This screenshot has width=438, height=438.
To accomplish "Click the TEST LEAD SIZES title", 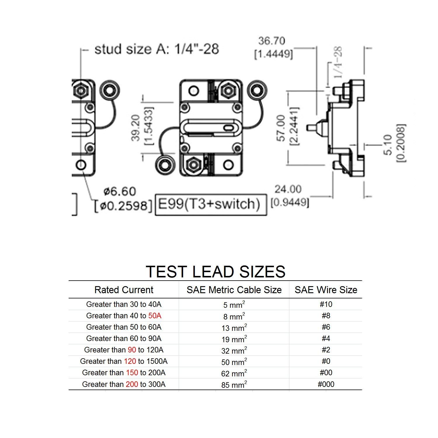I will [215, 272].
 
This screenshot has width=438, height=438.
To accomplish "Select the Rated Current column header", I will [124, 290].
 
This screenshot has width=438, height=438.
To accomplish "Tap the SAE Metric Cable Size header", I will [234, 290].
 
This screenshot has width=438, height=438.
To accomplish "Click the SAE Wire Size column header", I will [326, 290].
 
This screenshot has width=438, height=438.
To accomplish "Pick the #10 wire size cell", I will [326, 304].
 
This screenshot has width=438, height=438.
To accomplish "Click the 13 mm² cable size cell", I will [234, 328].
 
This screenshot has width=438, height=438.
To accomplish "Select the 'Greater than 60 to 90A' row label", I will [124, 338].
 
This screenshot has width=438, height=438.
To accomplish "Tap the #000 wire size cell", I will [326, 384].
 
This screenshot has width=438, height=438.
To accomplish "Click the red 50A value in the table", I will [155, 316].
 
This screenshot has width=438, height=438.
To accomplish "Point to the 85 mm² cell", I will [234, 385].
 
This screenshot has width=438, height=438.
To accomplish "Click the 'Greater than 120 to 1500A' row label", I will [124, 361].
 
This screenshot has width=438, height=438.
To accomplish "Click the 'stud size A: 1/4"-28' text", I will [157, 49].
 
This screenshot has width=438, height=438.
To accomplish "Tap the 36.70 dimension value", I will [272, 41].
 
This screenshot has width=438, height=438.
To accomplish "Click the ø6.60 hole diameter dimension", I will [120, 192].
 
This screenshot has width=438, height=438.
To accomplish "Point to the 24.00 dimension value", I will [288, 189].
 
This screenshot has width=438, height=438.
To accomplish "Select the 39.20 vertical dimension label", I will [135, 128].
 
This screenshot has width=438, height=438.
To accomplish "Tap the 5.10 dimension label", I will [388, 145].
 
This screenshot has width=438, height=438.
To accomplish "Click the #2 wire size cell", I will [326, 350].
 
